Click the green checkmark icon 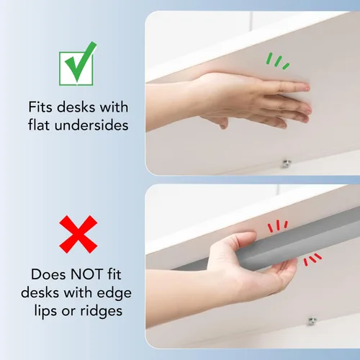[77, 63]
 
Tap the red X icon [78, 234]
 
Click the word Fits [40, 107]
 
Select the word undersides [91, 125]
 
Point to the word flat [39, 125]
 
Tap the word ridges [101, 312]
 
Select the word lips [46, 312]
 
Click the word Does [48, 274]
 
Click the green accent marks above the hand [278, 61]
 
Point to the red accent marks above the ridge [278, 226]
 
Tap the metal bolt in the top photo [287, 163]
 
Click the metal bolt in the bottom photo [312, 320]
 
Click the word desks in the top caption [76, 107]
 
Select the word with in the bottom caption [78, 293]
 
